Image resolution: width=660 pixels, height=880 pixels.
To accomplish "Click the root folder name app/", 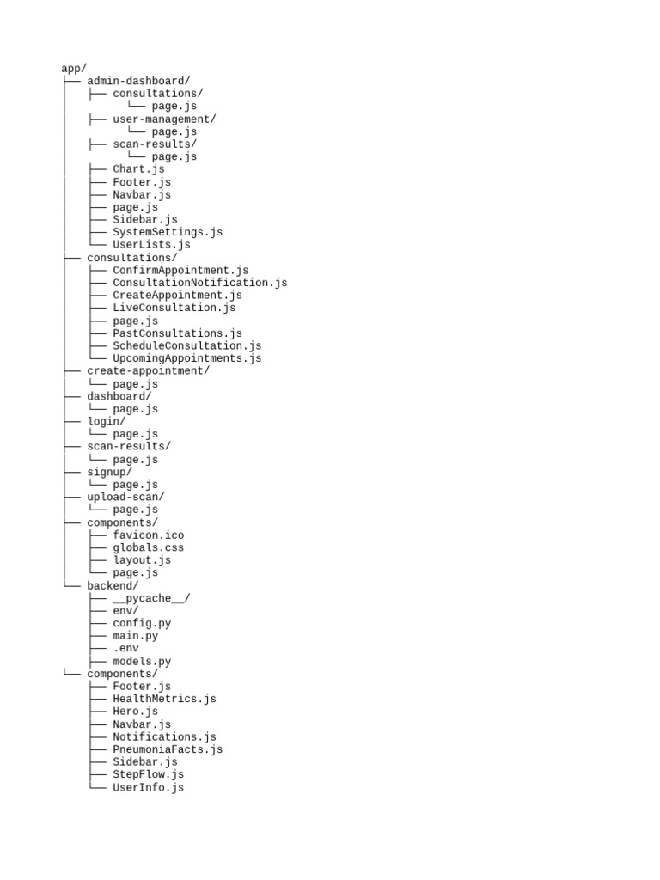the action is coord(74,69).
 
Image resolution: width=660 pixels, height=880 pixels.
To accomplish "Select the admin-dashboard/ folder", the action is coord(138,81).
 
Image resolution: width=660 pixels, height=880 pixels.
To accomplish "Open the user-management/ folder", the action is coord(164,119).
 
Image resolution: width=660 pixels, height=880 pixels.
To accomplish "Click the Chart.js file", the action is coord(138,169).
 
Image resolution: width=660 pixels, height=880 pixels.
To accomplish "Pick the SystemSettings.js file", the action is coord(168,232).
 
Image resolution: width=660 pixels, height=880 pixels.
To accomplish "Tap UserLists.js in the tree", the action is coord(151,245).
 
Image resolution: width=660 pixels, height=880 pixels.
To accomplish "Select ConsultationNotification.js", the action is coord(200,283).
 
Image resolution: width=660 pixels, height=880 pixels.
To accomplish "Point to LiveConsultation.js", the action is coord(174,308).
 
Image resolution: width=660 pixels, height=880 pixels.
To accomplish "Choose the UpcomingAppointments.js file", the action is coord(187,358).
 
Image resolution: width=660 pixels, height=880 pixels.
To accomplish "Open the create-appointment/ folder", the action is coord(148,371).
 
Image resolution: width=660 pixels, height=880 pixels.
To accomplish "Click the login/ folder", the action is coord(107,421).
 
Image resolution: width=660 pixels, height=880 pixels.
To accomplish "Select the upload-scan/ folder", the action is coord(125,497).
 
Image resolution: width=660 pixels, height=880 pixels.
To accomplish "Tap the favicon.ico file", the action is coord(149,535).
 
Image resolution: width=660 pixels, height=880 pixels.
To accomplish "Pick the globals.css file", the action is coord(149,547).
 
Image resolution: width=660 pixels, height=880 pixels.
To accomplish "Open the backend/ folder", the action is coord(113,585).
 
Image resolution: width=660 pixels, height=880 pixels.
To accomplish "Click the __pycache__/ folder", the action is coord(151,598).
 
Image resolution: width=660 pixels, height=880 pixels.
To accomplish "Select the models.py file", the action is coord(142,662).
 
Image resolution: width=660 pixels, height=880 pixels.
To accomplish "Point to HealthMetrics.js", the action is coord(164,699).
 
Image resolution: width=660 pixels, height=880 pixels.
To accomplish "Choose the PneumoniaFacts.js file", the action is coord(168,749).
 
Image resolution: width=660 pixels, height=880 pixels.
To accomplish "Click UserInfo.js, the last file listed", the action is coord(149,787).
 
